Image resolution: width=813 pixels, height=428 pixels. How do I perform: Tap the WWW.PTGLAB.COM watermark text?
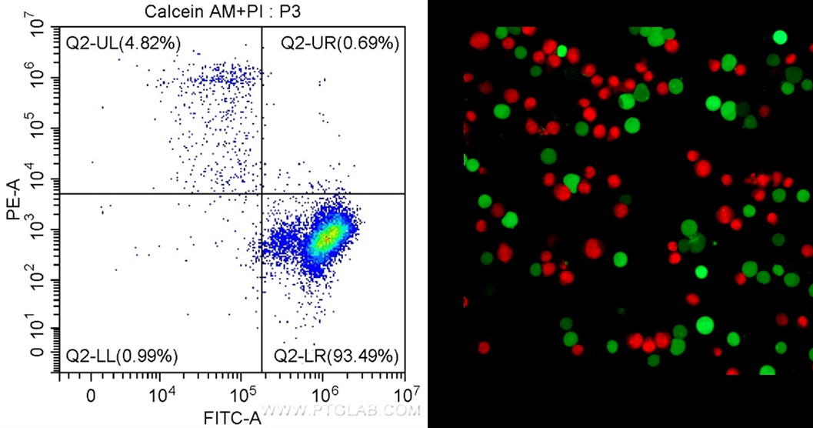pos(343,410)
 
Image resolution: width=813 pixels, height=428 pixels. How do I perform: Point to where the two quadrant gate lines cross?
pos(262,193)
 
